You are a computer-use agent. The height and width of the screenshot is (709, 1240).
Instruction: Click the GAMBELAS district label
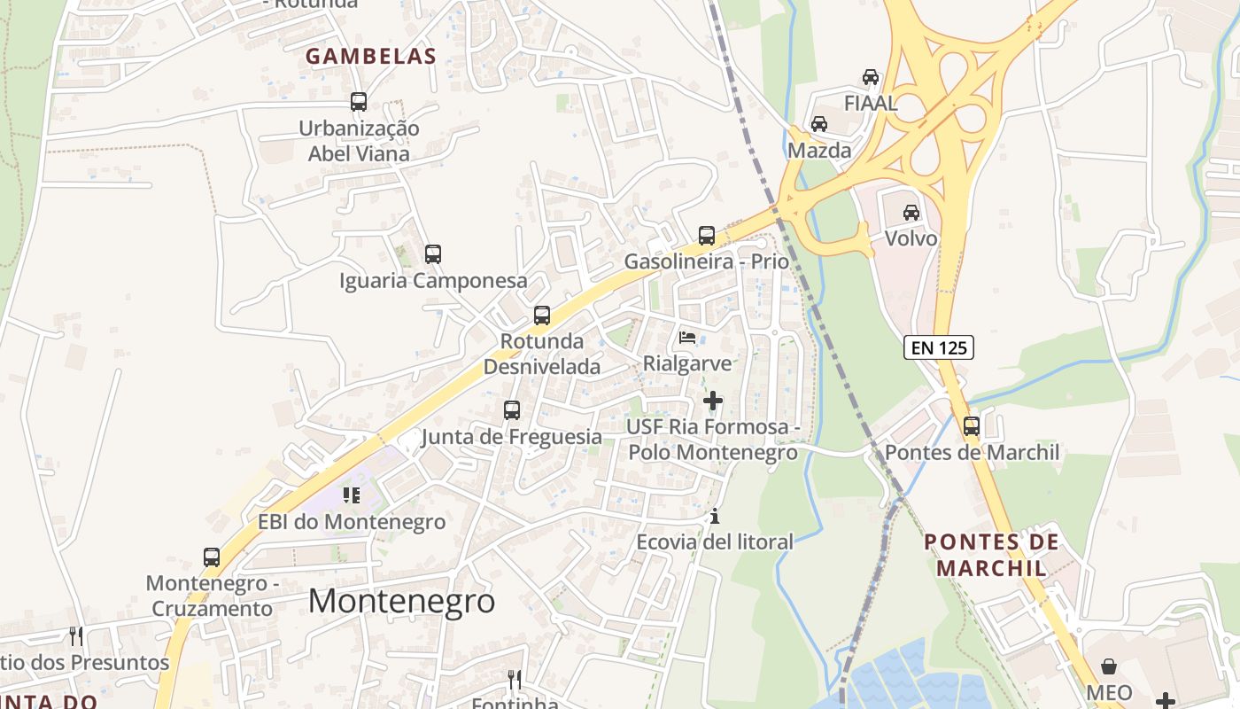point(371,57)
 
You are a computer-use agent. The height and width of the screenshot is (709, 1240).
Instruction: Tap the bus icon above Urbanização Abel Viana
point(359,102)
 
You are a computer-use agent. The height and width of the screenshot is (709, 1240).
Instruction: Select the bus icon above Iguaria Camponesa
point(433,254)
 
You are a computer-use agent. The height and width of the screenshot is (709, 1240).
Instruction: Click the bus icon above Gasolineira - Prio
point(707,236)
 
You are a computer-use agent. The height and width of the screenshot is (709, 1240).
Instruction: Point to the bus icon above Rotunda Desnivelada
point(542,316)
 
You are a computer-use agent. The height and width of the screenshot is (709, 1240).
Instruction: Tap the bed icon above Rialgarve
point(687,337)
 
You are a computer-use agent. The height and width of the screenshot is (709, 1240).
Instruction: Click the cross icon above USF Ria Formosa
point(713,401)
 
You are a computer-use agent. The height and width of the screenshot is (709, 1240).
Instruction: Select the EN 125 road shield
point(939,347)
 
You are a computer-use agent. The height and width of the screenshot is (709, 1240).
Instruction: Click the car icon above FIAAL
point(871,77)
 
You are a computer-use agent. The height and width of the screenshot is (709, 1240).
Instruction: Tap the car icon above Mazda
point(819,124)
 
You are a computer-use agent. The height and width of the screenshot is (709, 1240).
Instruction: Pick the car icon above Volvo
point(911,213)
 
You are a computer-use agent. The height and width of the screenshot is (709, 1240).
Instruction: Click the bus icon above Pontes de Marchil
point(972,426)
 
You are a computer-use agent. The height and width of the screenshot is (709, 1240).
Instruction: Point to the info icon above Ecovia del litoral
point(716,516)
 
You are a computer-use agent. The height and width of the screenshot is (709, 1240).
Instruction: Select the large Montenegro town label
point(401,601)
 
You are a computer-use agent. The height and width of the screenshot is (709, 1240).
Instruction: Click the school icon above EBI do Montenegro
point(352,495)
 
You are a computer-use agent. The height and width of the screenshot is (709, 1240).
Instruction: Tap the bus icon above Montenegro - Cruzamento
point(212,557)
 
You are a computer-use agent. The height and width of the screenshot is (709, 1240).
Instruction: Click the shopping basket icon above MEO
point(1109,666)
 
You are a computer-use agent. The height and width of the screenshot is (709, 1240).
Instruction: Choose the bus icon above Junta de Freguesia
point(512,410)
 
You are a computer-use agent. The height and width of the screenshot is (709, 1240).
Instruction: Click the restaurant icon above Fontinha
point(515,680)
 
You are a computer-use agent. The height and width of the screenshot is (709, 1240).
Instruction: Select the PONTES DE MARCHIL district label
point(991,554)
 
